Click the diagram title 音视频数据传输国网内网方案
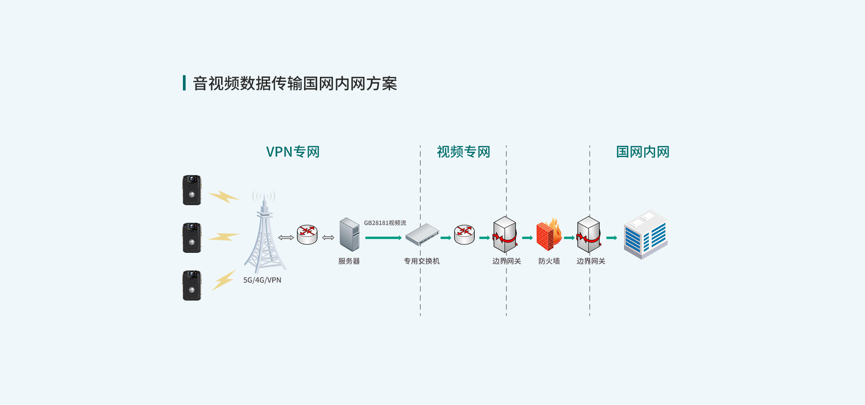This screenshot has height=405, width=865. pos(295,84)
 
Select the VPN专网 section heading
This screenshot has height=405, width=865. pos(293,152)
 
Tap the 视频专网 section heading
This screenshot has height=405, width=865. pos(464,152)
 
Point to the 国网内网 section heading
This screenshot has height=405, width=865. pos(643,152)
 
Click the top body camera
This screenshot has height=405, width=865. pos(192,190)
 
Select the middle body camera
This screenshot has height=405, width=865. pos(192,238)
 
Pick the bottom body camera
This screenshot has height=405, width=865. pos(192,285)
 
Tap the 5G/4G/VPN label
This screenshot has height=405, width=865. pos(262,280)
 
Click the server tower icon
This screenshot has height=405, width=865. pos(350,234)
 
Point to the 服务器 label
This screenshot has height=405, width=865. pos(349,261)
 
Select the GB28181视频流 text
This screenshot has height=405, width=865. pos(385,223)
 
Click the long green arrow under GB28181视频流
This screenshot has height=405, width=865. pos(383,238)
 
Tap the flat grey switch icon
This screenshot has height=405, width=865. pos(422,234)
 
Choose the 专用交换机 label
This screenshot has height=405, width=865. pos(422,261)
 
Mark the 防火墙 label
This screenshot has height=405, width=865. pos(549,261)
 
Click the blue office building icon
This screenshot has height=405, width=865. pos(646,234)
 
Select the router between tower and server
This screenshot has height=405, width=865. pos(307,234)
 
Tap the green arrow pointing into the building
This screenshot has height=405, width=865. pos(612,238)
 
